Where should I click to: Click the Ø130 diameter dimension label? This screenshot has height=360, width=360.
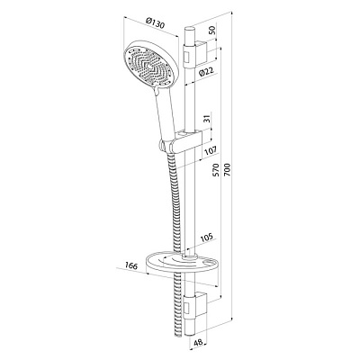[x=155, y=23]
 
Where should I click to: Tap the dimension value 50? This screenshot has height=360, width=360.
[x=212, y=31]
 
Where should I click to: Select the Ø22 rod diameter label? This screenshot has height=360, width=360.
[x=206, y=72]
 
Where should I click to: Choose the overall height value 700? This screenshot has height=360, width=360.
[x=227, y=169]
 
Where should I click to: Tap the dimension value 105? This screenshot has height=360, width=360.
[x=206, y=237]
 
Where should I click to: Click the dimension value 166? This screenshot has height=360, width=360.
[x=130, y=265]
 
